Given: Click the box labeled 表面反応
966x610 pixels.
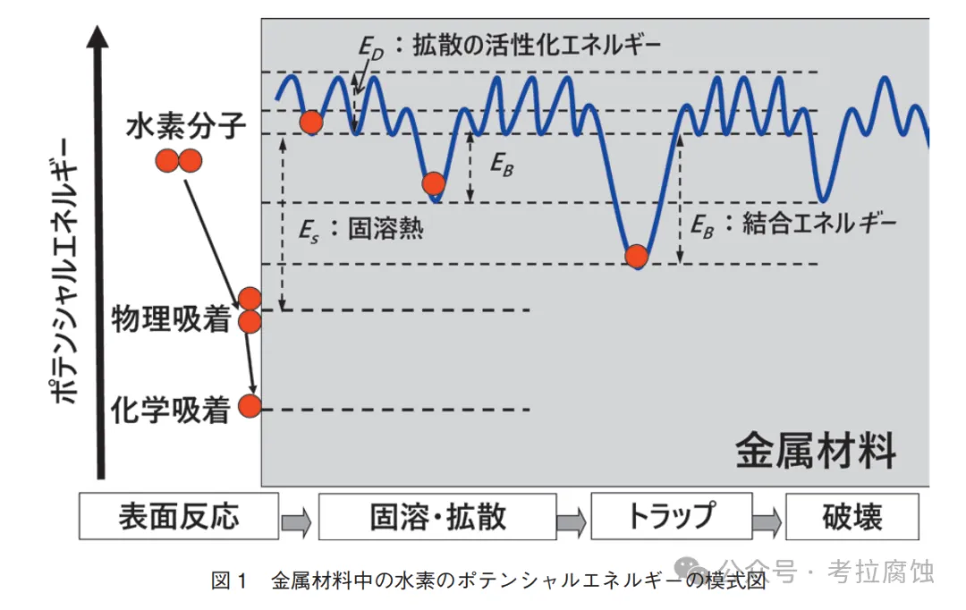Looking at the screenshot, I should click(x=179, y=516).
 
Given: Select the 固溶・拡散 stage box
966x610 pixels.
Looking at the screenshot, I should click(x=437, y=516).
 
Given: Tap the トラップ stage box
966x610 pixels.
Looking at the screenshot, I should click(x=670, y=516).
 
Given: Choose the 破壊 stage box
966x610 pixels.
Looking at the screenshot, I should click(x=852, y=516).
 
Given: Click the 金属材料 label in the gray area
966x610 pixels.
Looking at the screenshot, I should click(x=815, y=451).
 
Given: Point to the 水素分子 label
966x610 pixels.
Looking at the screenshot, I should click(x=185, y=126).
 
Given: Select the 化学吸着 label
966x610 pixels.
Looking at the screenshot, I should click(x=171, y=410).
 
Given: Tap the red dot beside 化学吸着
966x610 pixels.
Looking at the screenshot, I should click(x=250, y=407).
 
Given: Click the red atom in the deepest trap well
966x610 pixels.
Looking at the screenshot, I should click(x=636, y=256).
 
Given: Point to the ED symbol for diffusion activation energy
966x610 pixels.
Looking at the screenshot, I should click(x=370, y=47).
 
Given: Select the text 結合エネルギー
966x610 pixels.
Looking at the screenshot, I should click(x=818, y=224).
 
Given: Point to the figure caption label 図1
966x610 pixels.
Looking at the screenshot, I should click(x=228, y=580).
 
